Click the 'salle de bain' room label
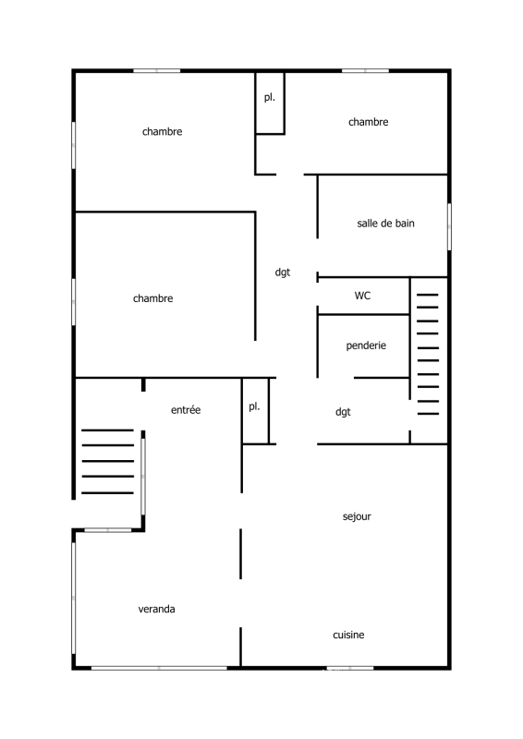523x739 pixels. pyautogui.click(x=385, y=224)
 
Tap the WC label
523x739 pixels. pyautogui.click(x=362, y=296)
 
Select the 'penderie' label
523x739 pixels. pyautogui.click(x=366, y=345)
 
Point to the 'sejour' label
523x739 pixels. pyautogui.click(x=357, y=516)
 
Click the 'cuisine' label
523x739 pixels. pyautogui.click(x=348, y=635)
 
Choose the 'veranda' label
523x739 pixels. pyautogui.click(x=156, y=609)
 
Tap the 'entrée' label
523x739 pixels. pyautogui.click(x=186, y=410)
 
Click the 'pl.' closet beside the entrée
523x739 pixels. pyautogui.click(x=255, y=410)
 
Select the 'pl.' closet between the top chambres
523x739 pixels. pyautogui.click(x=270, y=103)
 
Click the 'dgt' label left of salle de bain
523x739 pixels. pyautogui.click(x=283, y=273)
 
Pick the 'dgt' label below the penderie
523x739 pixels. pyautogui.click(x=343, y=412)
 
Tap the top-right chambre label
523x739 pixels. pyautogui.click(x=369, y=122)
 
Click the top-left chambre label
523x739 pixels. pyautogui.click(x=163, y=131)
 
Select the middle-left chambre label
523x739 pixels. pyautogui.click(x=152, y=298)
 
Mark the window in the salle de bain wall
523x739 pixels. pyautogui.click(x=449, y=226)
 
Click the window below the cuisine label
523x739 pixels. pyautogui.click(x=350, y=668)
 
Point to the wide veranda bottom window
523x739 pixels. pyautogui.click(x=159, y=668)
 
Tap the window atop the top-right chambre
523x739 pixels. pyautogui.click(x=366, y=71)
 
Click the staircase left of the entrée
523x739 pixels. pyautogui.click(x=107, y=461)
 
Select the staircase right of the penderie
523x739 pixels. pyautogui.click(x=428, y=355)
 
